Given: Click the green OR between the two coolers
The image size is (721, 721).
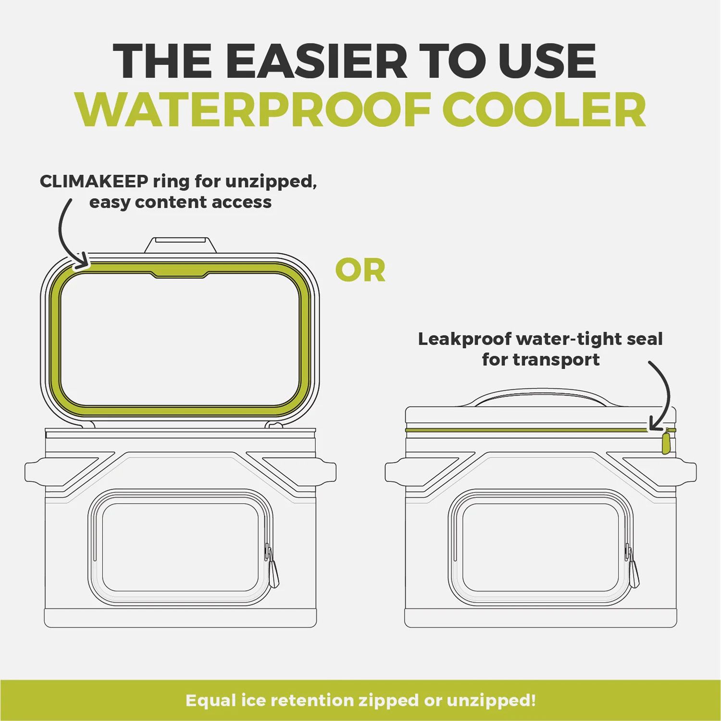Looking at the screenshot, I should click(x=360, y=271).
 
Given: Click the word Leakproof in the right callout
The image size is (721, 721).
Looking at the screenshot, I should click(x=464, y=339).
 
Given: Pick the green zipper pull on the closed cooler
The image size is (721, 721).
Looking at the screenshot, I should click(x=666, y=443).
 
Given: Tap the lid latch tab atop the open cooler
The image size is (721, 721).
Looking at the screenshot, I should click(x=177, y=244).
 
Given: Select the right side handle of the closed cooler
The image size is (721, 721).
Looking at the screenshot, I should click(x=686, y=472).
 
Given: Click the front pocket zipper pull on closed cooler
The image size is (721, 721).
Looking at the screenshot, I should click(x=634, y=572).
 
